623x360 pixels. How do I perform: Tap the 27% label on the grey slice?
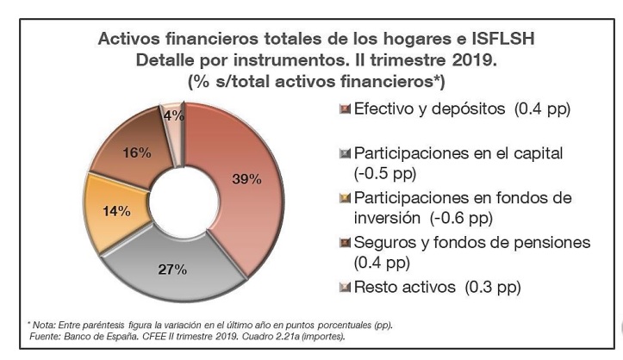173,270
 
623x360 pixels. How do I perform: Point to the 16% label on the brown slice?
137,153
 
